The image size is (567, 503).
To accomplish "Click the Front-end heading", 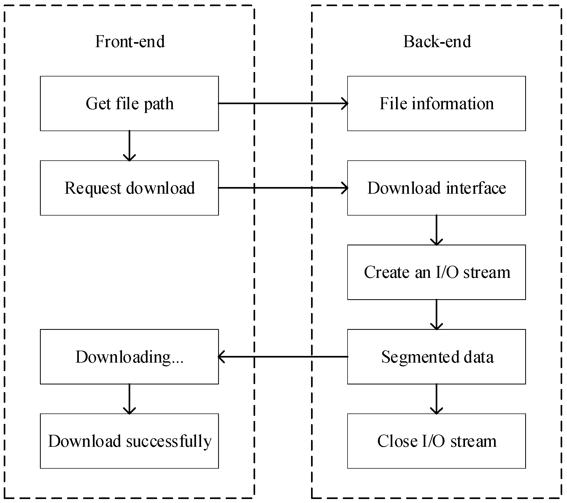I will click(129, 42).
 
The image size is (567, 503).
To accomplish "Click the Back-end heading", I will click(437, 42).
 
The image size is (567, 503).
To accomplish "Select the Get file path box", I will click(129, 103).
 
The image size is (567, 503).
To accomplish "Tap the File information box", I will click(436, 103).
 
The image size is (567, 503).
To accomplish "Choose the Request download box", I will click(129, 188).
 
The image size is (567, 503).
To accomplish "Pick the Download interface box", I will click(436, 188).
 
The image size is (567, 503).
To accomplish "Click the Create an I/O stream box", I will click(436, 272).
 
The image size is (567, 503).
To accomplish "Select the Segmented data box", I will click(436, 357).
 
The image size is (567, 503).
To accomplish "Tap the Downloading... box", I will click(129, 357).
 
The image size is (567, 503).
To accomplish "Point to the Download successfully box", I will click(129, 441).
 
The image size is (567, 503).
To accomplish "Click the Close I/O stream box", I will click(436, 441).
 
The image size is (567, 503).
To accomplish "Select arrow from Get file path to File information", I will click(283, 103).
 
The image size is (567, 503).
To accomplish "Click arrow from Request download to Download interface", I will click(283, 188).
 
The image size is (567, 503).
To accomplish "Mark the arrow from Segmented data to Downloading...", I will click(283, 357).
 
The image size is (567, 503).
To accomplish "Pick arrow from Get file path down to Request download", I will click(129, 146).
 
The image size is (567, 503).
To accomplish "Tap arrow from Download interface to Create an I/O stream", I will click(436, 230).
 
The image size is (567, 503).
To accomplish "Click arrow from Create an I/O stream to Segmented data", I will click(436, 315).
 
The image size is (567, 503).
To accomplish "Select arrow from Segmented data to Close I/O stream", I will click(436, 399).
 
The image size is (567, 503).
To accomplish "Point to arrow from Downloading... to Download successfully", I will click(129, 399).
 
